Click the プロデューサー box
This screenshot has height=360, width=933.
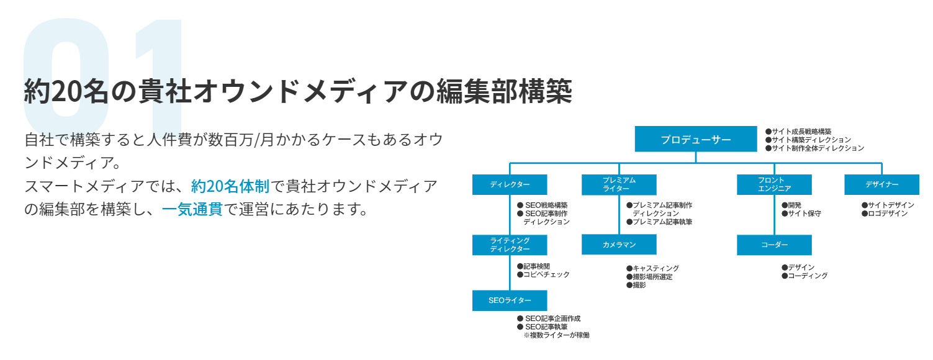point(695,139)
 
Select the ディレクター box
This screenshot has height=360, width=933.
point(510,184)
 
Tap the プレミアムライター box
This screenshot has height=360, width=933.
point(619,184)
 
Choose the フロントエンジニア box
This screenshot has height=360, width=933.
point(774,184)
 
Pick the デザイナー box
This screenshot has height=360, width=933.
point(882,184)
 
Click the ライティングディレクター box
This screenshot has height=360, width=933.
point(510,245)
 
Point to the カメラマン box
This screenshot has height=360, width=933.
point(619,245)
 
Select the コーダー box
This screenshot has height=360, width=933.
point(774,245)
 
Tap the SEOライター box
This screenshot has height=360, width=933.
point(510,300)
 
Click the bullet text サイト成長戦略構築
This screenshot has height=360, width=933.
point(801,132)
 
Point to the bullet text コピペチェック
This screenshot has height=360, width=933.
point(546,274)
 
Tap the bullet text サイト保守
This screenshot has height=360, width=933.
point(805,214)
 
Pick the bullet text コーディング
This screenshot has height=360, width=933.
point(808,276)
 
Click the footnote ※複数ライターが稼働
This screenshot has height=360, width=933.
point(556,335)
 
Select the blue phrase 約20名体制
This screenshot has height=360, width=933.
point(230,186)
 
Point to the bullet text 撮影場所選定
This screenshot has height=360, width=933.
point(652,277)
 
